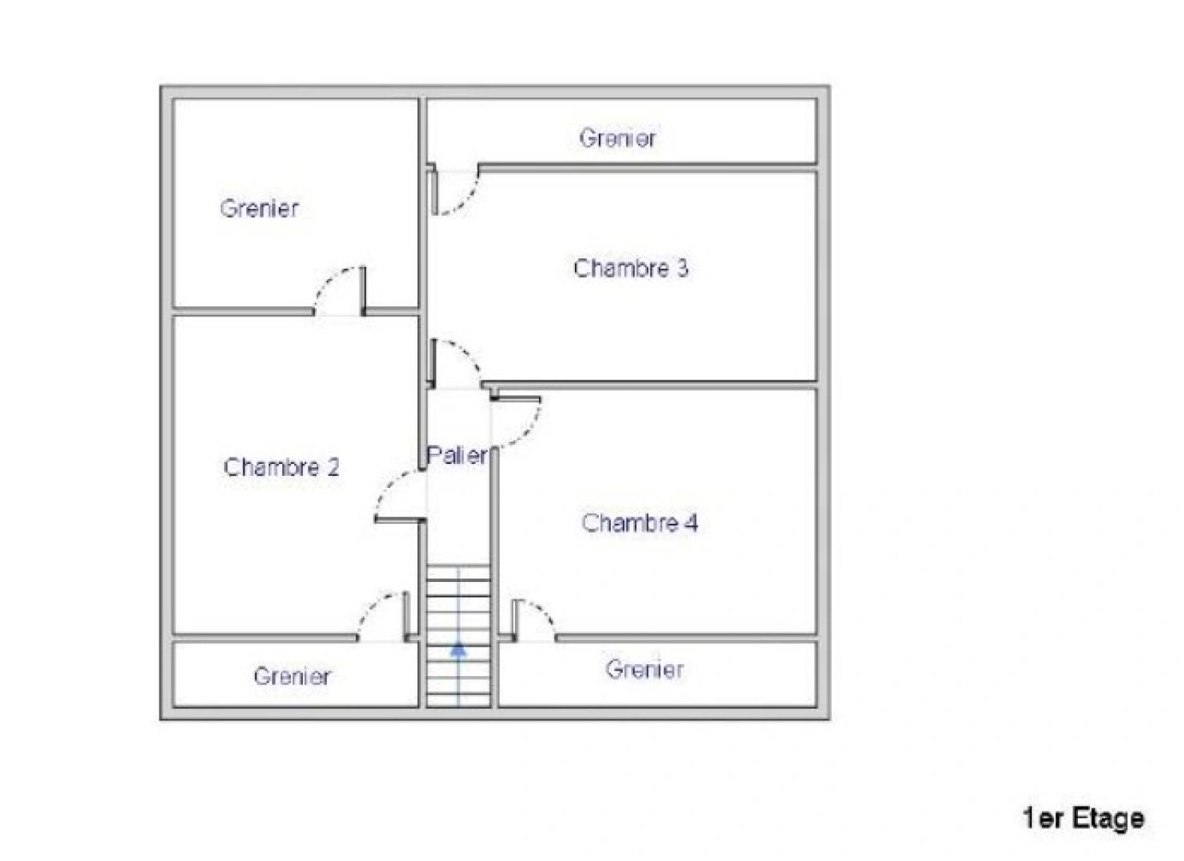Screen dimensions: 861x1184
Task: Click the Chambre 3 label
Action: pyautogui.click(x=630, y=268)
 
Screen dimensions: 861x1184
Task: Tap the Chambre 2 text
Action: pyautogui.click(x=281, y=466)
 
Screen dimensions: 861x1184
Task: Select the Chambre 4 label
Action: pyautogui.click(x=639, y=523)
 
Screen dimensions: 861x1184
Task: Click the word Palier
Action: pyautogui.click(x=456, y=455)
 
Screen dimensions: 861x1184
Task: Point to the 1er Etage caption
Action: pyautogui.click(x=1083, y=818)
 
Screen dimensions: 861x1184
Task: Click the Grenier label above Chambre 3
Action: pyautogui.click(x=617, y=138)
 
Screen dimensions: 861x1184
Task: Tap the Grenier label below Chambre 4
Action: pyautogui.click(x=644, y=669)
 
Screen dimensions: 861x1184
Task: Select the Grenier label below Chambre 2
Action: pyautogui.click(x=292, y=676)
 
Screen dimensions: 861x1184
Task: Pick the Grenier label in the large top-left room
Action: pyautogui.click(x=259, y=208)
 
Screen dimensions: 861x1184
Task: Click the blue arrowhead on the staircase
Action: pyautogui.click(x=458, y=649)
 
